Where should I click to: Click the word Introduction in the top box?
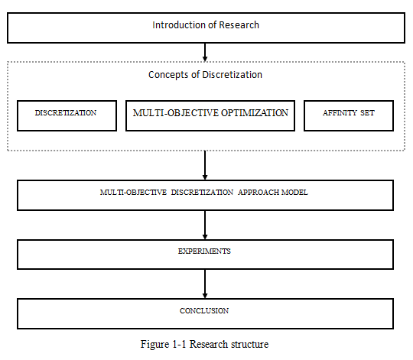[x=179, y=25]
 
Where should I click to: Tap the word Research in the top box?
[x=239, y=25]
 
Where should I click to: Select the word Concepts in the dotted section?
[x=168, y=75]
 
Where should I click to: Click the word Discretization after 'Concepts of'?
[x=232, y=75]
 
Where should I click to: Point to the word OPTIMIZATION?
[x=255, y=113]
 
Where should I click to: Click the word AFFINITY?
[x=340, y=113]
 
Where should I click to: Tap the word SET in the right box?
[x=367, y=113]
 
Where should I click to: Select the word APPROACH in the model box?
[x=259, y=193]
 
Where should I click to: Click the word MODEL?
[x=294, y=193]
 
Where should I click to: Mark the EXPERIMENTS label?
[x=204, y=251]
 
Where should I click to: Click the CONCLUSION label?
[x=204, y=311]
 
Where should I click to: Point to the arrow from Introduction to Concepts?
[x=205, y=52]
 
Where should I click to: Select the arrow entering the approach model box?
[x=205, y=165]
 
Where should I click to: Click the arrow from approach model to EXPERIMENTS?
[x=205, y=225]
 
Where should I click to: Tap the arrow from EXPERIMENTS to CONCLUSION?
[x=205, y=284]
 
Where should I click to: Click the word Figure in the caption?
[x=154, y=345]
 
